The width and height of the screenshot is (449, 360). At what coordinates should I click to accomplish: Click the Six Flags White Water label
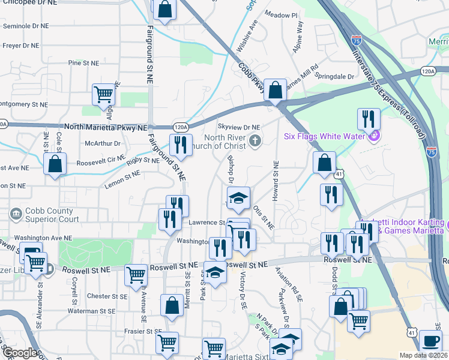tap(324, 136)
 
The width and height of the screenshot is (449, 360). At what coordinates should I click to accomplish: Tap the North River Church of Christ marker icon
tap(255, 141)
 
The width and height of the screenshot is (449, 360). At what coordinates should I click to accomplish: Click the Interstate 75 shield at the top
tap(357, 41)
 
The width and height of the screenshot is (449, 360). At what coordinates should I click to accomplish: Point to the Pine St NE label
tap(83, 62)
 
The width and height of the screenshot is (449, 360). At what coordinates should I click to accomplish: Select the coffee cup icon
tap(430, 341)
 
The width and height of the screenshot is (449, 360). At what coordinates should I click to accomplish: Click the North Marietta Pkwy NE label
tap(106, 127)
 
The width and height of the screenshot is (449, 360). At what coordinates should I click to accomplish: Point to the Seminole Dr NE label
tap(25, 26)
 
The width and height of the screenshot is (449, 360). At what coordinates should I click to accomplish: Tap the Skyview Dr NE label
tap(238, 127)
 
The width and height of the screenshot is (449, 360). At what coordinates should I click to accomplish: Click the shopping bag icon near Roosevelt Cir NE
tap(55, 164)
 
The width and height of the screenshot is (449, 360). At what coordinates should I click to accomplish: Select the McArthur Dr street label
tap(103, 143)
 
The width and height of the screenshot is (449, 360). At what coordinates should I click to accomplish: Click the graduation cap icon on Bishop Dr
tap(238, 198)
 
